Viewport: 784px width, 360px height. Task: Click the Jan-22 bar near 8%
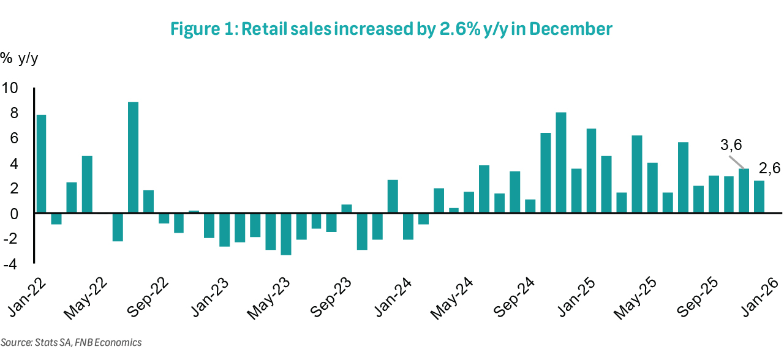tap(41, 163)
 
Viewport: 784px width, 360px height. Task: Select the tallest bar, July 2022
tap(133, 157)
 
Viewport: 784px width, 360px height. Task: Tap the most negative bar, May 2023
tap(285, 234)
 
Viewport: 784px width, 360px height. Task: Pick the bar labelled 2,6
tap(759, 197)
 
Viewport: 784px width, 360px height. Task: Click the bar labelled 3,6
tap(744, 190)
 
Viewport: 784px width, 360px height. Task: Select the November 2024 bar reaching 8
tap(560, 163)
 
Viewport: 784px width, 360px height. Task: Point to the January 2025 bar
tap(591, 171)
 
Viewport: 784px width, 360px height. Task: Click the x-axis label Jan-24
tap(392, 294)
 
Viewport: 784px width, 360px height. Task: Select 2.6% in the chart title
tap(459, 29)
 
